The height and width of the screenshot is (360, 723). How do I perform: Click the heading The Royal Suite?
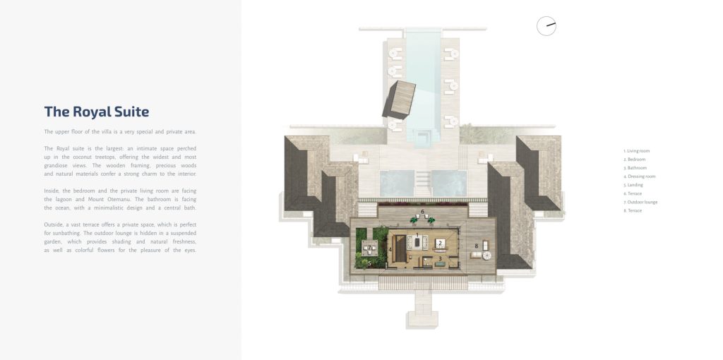[97, 112]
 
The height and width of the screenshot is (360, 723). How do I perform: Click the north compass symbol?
[546, 26]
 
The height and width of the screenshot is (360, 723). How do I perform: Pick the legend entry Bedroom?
[635, 160]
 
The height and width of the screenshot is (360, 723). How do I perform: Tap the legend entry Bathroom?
[635, 168]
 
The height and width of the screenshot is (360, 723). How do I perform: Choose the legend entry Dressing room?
[639, 176]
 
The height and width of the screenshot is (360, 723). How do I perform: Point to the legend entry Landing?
[633, 185]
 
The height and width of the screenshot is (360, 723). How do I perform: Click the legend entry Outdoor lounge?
[640, 202]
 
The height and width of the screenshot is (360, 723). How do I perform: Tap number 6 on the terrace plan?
[422, 212]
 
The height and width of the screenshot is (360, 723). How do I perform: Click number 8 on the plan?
[477, 246]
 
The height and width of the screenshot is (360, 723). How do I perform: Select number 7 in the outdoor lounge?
[369, 248]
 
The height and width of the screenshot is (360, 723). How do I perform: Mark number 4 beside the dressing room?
[390, 250]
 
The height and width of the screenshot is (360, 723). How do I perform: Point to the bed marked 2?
[441, 244]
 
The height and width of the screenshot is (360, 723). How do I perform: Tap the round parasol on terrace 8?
[487, 256]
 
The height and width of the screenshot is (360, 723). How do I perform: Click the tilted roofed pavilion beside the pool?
[399, 100]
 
